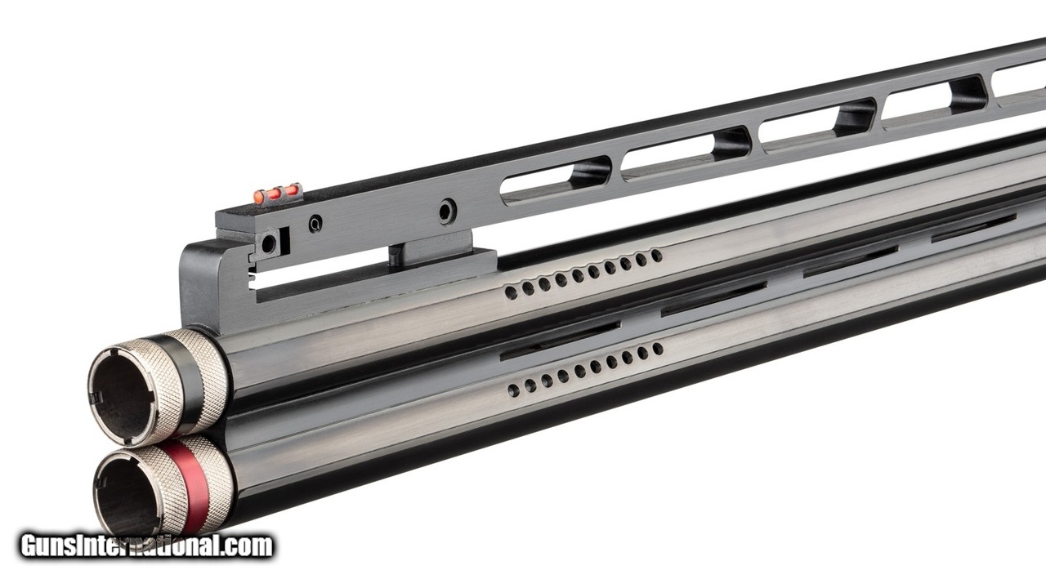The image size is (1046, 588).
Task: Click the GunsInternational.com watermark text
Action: pos(146,546)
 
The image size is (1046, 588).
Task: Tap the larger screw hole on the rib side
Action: pos(447,211)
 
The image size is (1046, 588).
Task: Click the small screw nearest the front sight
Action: pos(315,224)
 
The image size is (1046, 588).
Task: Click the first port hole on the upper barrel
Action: pos(512,292)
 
